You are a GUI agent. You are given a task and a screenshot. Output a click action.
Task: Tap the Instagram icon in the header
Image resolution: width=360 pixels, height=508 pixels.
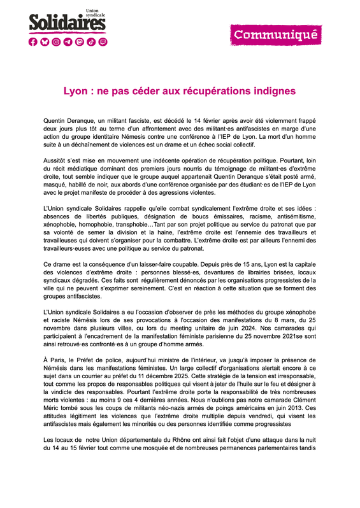(x=57, y=42)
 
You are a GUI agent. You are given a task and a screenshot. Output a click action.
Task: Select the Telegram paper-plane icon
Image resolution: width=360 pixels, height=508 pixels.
(x=68, y=42)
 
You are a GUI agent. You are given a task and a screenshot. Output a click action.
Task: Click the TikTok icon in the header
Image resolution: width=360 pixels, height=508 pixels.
(x=91, y=42)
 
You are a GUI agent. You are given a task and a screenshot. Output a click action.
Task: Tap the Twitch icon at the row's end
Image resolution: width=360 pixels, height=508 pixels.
(x=103, y=42)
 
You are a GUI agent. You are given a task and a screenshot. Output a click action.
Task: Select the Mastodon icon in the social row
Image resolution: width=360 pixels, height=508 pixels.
(x=80, y=42)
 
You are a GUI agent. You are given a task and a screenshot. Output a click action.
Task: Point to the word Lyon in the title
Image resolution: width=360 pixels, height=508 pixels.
(x=75, y=91)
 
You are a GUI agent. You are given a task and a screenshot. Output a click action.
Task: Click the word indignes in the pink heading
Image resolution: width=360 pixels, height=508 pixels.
(x=273, y=91)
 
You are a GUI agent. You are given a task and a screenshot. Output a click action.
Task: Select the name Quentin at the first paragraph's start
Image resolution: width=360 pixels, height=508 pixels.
(x=55, y=120)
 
